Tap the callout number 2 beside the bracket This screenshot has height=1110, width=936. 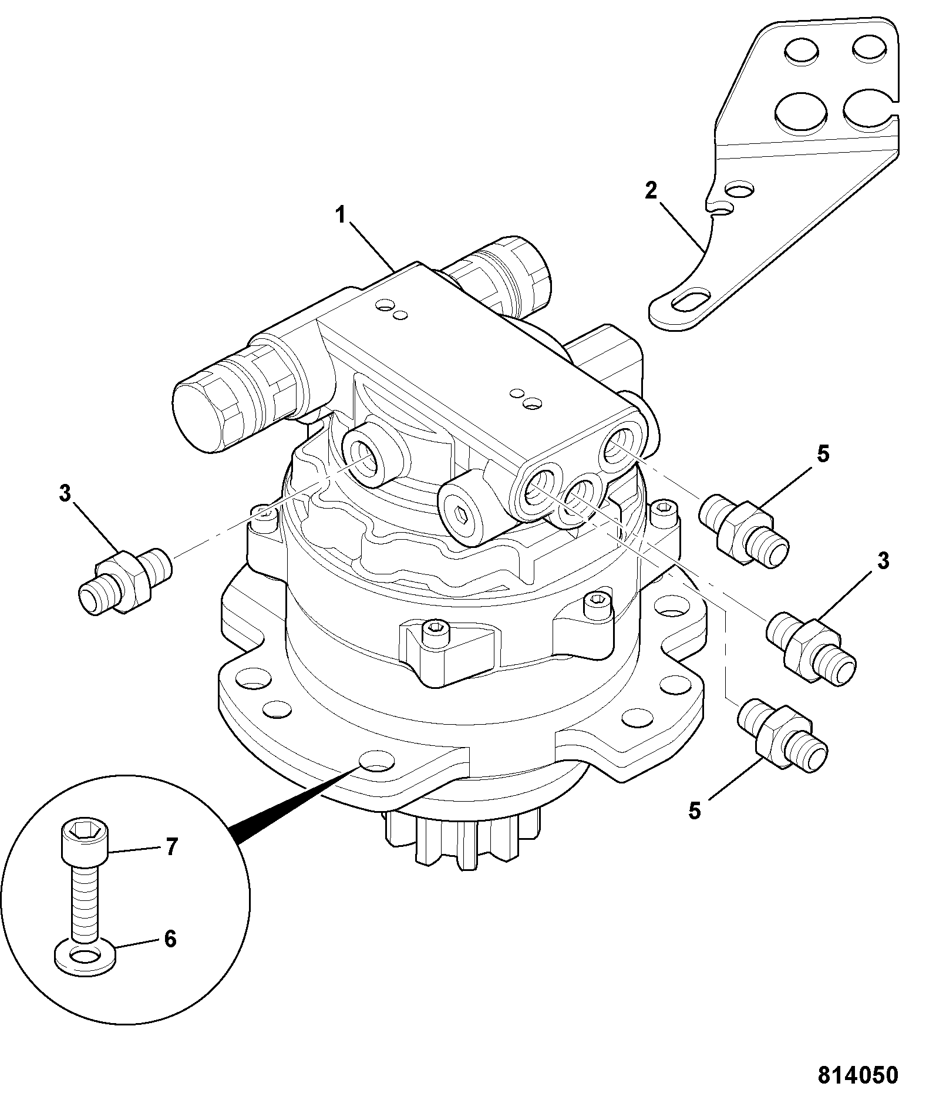[651, 191]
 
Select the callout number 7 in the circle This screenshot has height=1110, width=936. [170, 847]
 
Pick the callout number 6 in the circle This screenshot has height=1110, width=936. [170, 939]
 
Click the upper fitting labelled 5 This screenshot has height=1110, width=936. [745, 531]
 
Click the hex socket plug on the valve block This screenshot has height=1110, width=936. [462, 515]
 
